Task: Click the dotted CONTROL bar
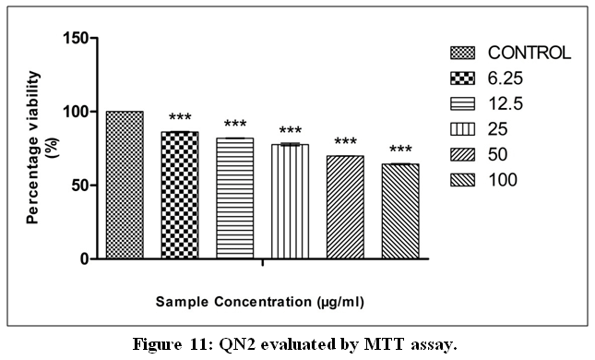pyautogui.click(x=125, y=185)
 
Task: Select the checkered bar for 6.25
pyautogui.click(x=180, y=195)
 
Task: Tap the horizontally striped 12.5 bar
pyautogui.click(x=235, y=198)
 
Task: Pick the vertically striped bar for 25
pyautogui.click(x=290, y=201)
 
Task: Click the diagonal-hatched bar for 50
pyautogui.click(x=345, y=208)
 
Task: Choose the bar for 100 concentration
pyautogui.click(x=400, y=211)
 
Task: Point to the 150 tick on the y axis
pyautogui.click(x=75, y=38)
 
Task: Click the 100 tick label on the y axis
pyautogui.click(x=75, y=112)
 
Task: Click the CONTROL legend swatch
pyautogui.click(x=462, y=53)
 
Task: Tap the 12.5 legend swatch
pyautogui.click(x=462, y=103)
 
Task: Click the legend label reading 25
pyautogui.click(x=497, y=129)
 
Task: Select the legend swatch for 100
pyautogui.click(x=462, y=180)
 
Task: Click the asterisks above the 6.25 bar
pyautogui.click(x=180, y=117)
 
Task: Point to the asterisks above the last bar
pyautogui.click(x=400, y=149)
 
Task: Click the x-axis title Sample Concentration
pyautogui.click(x=259, y=302)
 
